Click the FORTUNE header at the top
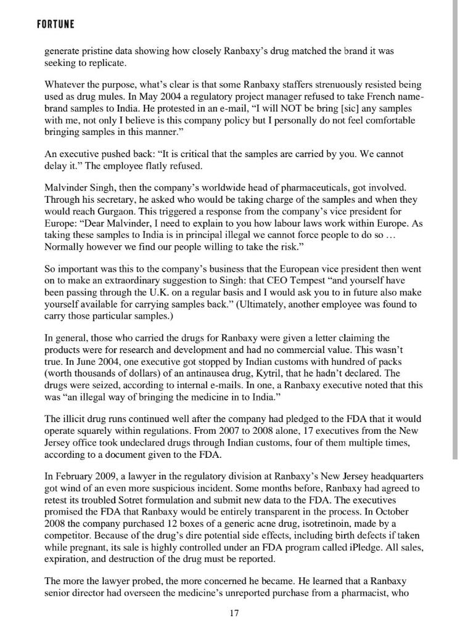(x=55, y=24)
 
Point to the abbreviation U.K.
(x=165, y=293)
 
